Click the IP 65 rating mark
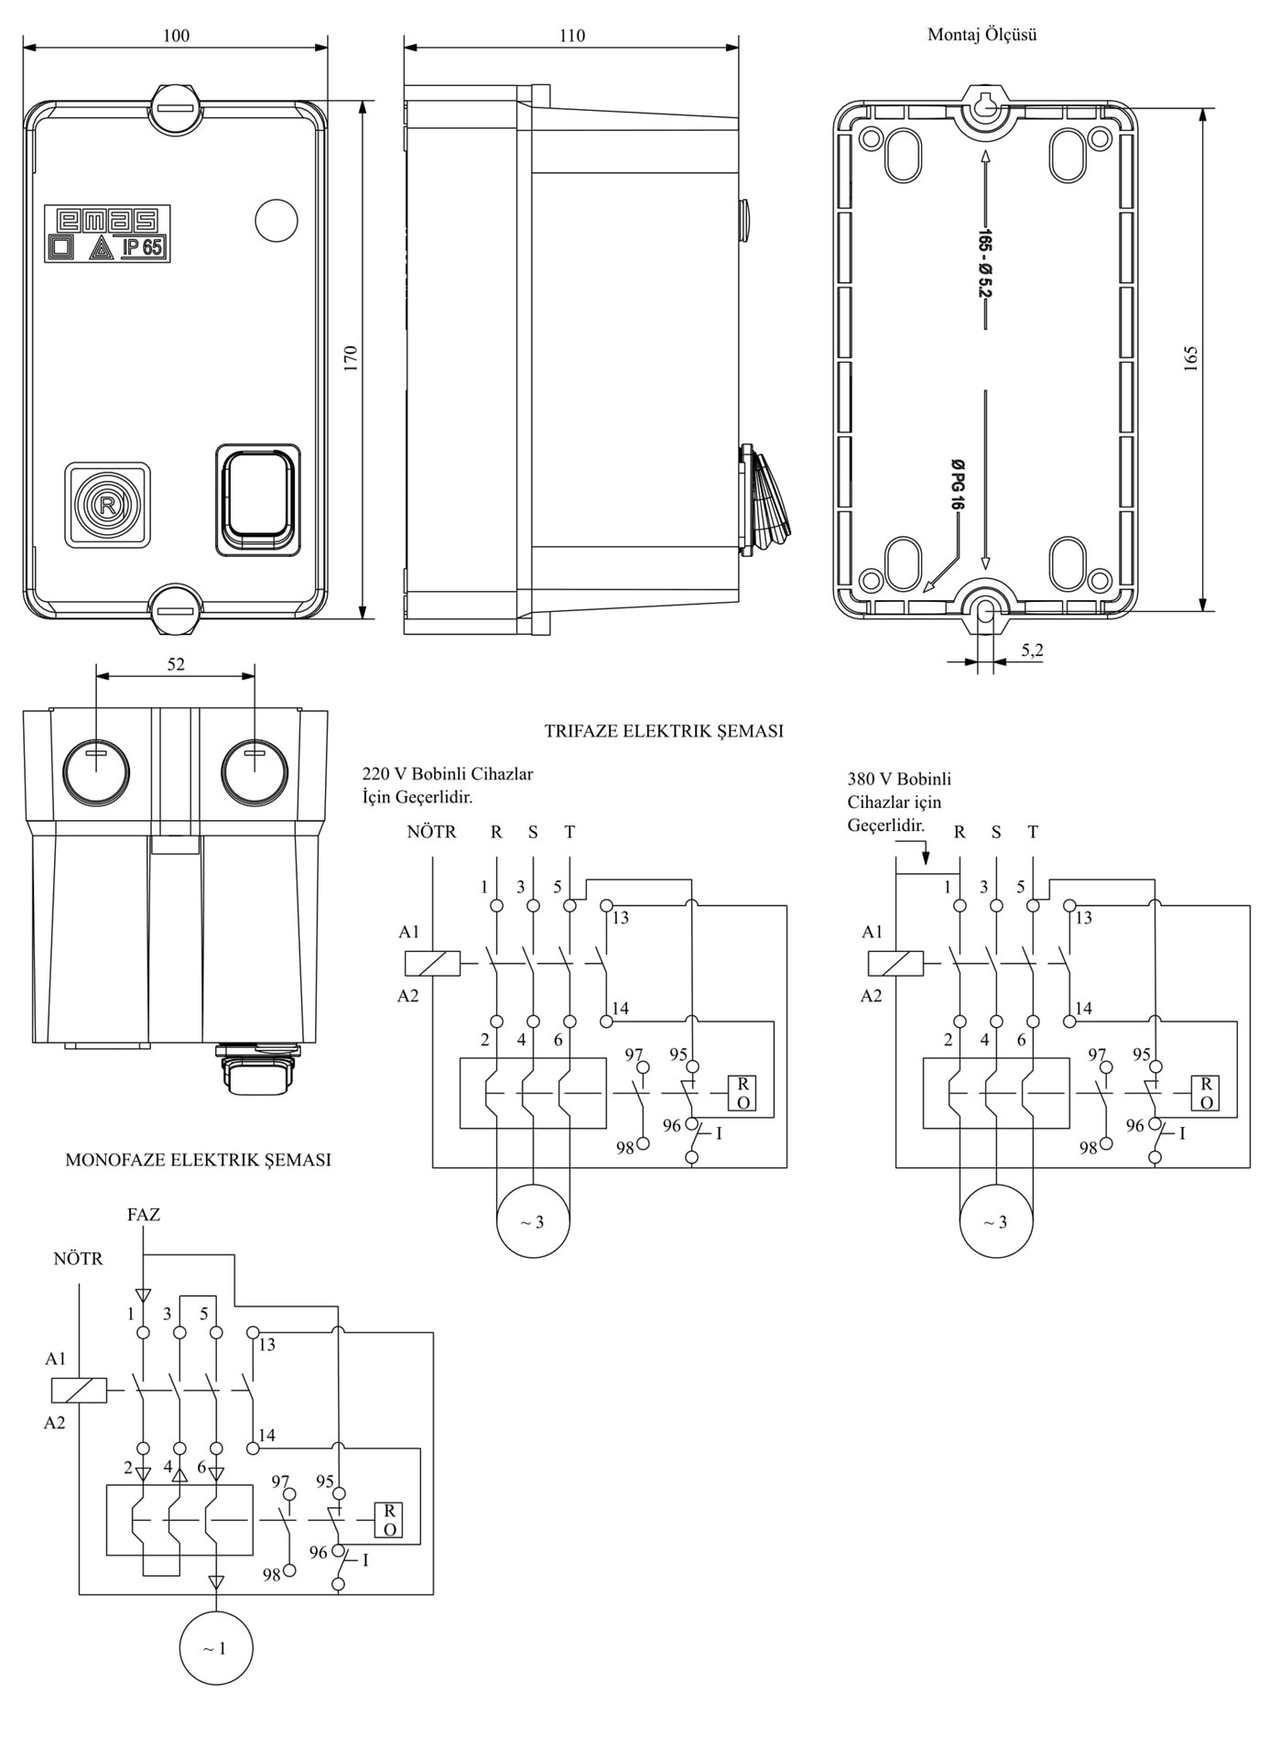(x=142, y=247)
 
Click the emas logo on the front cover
(x=107, y=220)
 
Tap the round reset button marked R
(x=107, y=505)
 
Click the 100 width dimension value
(x=176, y=36)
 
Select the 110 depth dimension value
(x=571, y=36)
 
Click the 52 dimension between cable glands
(x=176, y=665)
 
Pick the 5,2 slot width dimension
(x=1032, y=650)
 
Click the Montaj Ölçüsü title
(x=982, y=35)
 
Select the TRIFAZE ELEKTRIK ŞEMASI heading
(x=664, y=731)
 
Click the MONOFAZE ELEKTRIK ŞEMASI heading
(x=198, y=1160)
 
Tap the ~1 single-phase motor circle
(x=215, y=1649)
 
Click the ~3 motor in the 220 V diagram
(x=533, y=1222)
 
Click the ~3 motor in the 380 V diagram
(x=996, y=1222)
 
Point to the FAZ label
(x=144, y=1215)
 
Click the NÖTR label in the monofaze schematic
(x=78, y=1259)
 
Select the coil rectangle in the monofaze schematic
(x=79, y=1391)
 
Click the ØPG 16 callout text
(x=957, y=486)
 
